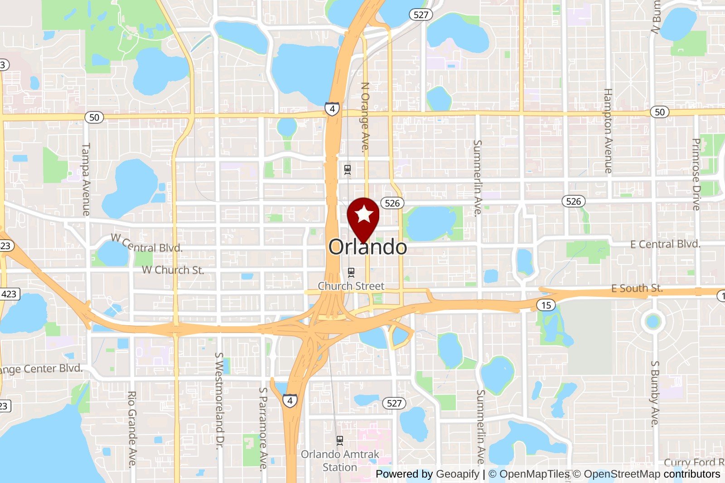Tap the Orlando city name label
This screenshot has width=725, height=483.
[x=367, y=247]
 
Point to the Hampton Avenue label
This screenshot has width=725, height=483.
[x=608, y=131]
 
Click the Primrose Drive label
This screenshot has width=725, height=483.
[x=696, y=174]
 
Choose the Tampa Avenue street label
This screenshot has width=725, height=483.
[x=86, y=179]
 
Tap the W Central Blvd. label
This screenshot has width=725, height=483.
[x=147, y=244]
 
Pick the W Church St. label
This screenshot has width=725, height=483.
[x=173, y=270]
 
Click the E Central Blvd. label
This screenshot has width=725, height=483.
[x=665, y=244]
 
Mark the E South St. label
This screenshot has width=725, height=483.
[x=637, y=288]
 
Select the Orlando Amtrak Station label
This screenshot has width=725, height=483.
[x=340, y=460]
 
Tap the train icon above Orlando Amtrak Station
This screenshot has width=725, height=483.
[x=340, y=440]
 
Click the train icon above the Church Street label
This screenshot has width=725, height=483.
[x=351, y=272]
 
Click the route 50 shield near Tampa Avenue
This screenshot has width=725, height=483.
[x=94, y=117]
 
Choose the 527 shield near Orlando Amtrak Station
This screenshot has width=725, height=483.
[x=394, y=403]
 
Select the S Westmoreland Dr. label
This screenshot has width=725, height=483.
[x=219, y=401]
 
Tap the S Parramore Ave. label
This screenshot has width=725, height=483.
[x=263, y=429]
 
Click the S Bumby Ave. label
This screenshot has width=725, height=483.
[x=655, y=394]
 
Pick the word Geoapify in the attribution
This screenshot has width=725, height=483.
[x=457, y=474]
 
